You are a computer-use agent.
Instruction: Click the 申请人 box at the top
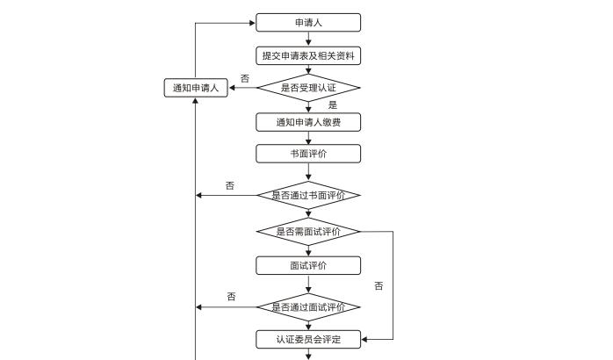[x=308, y=23]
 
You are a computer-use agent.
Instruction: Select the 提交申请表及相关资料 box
[x=308, y=56]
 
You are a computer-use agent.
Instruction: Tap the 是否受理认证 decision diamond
[x=308, y=88]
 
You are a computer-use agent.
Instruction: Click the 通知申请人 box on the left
[x=196, y=88]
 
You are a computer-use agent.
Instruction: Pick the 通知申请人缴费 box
[x=308, y=122]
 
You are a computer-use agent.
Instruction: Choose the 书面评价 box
[x=308, y=154]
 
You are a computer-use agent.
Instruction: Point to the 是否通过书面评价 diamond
[x=308, y=195]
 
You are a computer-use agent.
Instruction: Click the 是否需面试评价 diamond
[x=308, y=232]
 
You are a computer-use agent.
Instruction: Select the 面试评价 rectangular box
[x=308, y=265]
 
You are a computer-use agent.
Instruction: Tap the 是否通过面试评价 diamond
[x=308, y=307]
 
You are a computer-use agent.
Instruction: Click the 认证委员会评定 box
[x=308, y=339]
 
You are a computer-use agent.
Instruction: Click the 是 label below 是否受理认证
[x=333, y=105]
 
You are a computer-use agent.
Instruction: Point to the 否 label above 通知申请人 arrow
[x=244, y=78]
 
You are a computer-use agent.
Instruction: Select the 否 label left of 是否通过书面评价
[x=230, y=185]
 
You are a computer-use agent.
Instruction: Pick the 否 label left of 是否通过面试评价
[x=231, y=297]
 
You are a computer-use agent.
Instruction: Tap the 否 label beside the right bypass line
[x=379, y=286]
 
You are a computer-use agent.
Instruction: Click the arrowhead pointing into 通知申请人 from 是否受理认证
[x=233, y=88]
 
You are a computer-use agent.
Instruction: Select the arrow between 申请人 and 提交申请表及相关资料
[x=308, y=39]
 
